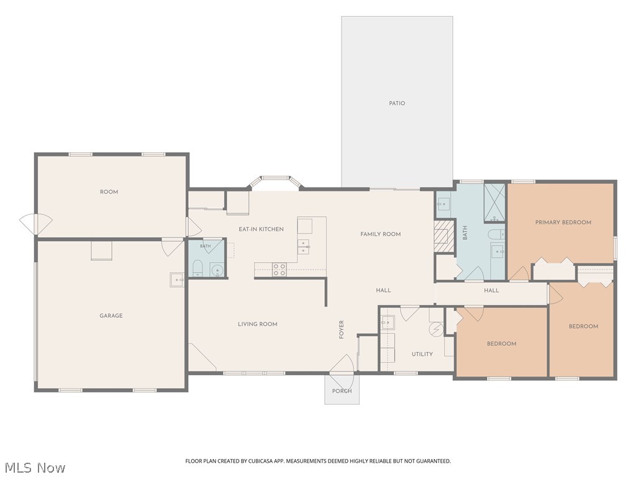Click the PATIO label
pyautogui.click(x=397, y=104)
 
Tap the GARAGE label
pyautogui.click(x=111, y=316)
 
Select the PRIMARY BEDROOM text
pyautogui.click(x=563, y=222)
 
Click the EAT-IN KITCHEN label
pyautogui.click(x=261, y=229)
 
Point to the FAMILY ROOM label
pyautogui.click(x=381, y=234)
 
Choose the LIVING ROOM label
pyautogui.click(x=258, y=324)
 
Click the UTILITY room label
pyautogui.click(x=422, y=354)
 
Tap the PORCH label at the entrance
pyautogui.click(x=342, y=391)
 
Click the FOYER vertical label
pyautogui.click(x=342, y=329)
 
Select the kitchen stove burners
pyautogui.click(x=279, y=270)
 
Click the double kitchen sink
pyautogui.click(x=304, y=247)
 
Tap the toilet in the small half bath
pyautogui.click(x=198, y=268)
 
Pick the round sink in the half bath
pyautogui.click(x=217, y=270)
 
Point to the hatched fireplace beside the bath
pyautogui.click(x=443, y=236)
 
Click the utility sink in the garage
pyautogui.click(x=177, y=279)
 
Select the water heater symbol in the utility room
pyautogui.click(x=435, y=329)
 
